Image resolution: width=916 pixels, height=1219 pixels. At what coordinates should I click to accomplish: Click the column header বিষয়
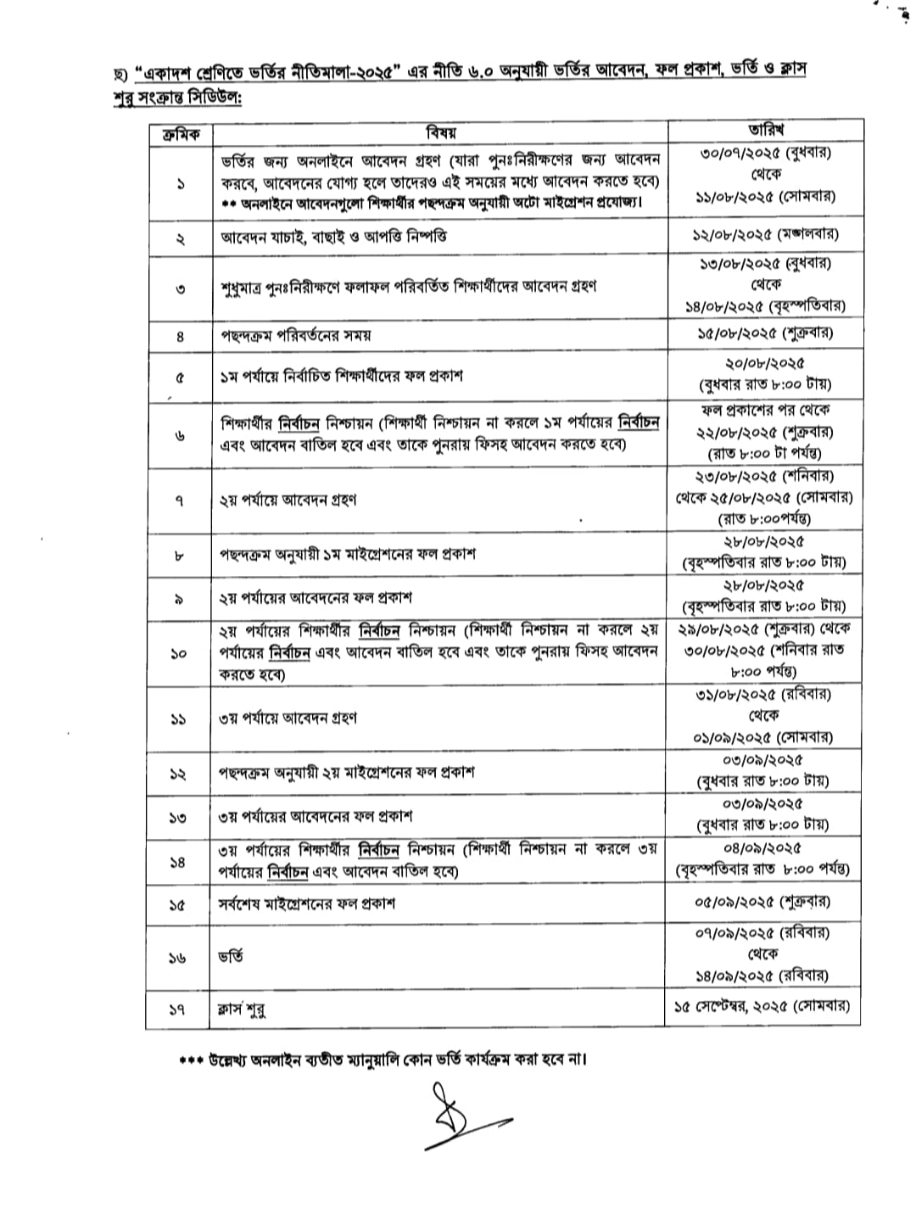[x=440, y=132]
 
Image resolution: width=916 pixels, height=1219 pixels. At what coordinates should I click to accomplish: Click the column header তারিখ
[x=765, y=130]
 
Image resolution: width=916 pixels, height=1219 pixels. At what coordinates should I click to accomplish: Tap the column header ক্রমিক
[x=180, y=133]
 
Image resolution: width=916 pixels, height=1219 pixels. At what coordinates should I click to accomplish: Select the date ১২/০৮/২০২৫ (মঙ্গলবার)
[x=765, y=233]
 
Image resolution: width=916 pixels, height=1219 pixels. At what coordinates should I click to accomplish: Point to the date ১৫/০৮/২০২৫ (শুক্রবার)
[x=765, y=332]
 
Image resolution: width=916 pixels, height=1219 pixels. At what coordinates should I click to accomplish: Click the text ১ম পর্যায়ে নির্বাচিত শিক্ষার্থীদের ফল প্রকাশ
[x=341, y=375]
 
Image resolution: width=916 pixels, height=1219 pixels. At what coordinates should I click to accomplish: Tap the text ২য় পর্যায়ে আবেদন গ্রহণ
[x=288, y=500]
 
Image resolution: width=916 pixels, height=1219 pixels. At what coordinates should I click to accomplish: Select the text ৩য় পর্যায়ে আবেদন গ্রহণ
[x=288, y=718]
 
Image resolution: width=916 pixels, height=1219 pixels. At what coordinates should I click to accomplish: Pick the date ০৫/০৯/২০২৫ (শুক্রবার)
[x=765, y=901]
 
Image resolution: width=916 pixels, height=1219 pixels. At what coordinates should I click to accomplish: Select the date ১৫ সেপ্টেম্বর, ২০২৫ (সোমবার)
[x=762, y=1007]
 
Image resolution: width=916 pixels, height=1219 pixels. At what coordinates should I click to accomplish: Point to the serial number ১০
[x=178, y=654]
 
